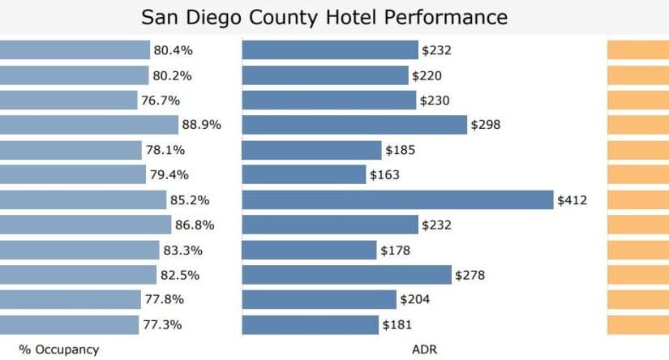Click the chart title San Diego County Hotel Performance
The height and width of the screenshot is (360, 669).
point(324,17)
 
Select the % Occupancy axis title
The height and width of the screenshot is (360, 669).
point(59,349)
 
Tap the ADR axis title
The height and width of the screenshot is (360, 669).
point(424,349)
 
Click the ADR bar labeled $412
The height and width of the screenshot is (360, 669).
point(397,200)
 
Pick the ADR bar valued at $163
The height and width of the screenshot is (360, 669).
point(304,175)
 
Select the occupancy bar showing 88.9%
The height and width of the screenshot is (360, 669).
point(88,125)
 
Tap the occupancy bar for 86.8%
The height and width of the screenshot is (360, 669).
point(85,225)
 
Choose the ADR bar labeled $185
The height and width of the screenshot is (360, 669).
point(311,150)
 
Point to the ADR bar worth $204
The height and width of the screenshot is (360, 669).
point(319,300)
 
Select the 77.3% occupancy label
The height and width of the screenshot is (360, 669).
point(162,325)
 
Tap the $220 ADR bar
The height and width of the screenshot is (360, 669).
point(325,75)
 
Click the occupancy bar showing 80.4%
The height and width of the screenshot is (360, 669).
point(75,50)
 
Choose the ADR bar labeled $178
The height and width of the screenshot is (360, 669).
point(309,250)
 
